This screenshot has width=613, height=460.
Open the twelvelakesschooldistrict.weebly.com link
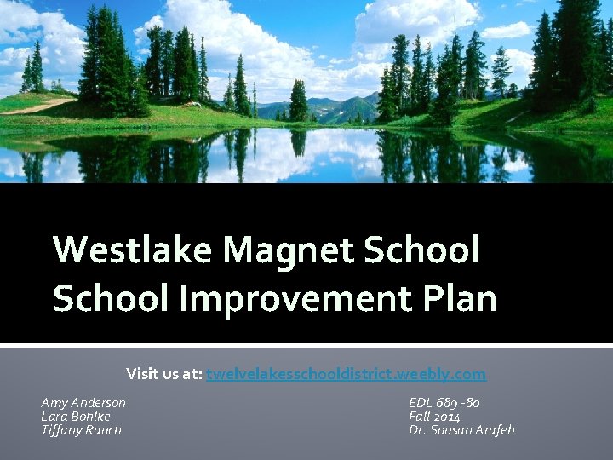[x=346, y=374]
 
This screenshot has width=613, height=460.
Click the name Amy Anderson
[x=83, y=402]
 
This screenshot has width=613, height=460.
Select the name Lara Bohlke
[x=76, y=417]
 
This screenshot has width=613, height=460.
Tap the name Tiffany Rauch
[x=82, y=430]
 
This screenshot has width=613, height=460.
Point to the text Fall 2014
[x=434, y=417]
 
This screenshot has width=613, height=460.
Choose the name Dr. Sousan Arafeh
[x=461, y=430]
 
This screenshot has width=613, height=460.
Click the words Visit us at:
[x=164, y=374]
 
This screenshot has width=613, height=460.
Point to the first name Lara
[x=54, y=417]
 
